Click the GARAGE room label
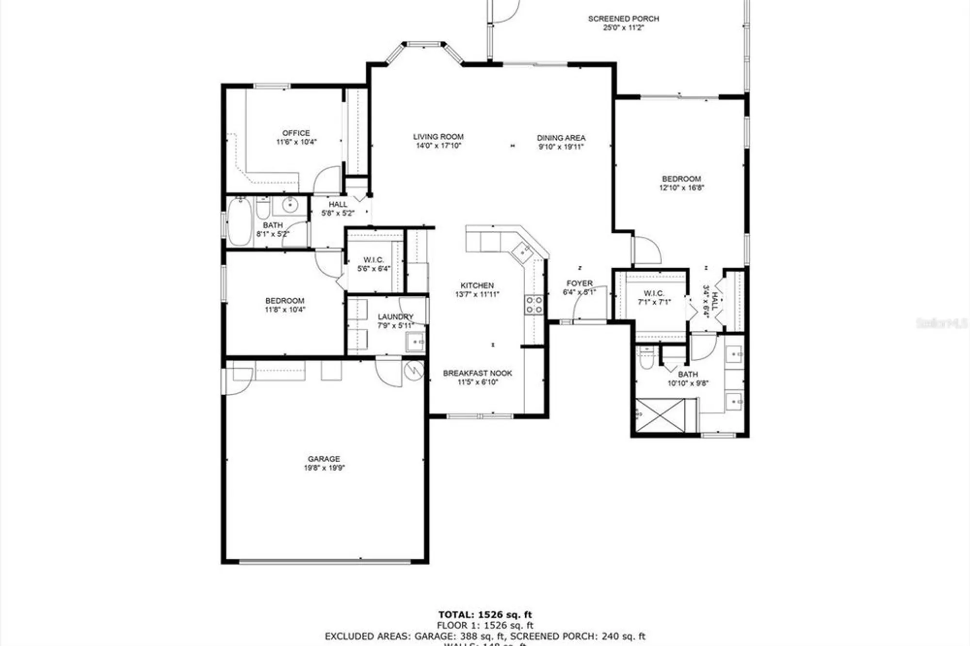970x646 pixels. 323,459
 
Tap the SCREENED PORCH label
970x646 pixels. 623,19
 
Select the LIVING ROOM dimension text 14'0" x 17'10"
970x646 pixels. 438,145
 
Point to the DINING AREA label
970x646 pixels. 561,138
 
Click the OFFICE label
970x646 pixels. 296,133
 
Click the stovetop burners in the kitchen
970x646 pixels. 534,305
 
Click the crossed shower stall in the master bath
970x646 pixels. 660,415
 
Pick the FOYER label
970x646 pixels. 579,283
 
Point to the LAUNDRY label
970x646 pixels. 395,317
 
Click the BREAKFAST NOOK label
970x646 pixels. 477,373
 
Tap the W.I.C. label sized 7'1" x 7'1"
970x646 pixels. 654,293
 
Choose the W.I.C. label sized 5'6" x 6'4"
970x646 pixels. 373,260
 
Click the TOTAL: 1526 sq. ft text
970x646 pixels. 485,615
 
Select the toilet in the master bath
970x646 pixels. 647,359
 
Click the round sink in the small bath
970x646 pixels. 290,205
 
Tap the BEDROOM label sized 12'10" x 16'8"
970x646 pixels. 681,178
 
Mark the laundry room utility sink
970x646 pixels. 415,341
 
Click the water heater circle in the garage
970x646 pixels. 414,371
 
